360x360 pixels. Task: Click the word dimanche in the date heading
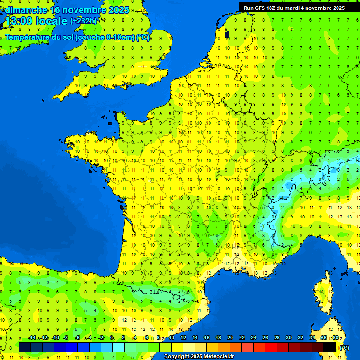click(x=26, y=10)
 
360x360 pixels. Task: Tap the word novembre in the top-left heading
click(x=87, y=10)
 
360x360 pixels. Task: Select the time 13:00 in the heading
click(x=19, y=21)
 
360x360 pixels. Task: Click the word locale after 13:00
click(x=52, y=21)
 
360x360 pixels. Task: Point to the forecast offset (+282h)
click(x=83, y=21)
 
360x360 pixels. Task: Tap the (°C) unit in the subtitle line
click(x=143, y=37)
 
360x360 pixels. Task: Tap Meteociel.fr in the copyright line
click(x=216, y=357)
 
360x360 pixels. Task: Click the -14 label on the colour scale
click(x=32, y=338)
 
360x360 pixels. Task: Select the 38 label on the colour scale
click(x=335, y=338)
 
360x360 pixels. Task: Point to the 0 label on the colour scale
click(x=112, y=338)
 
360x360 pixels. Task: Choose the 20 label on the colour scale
click(x=230, y=338)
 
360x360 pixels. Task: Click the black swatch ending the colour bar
click(x=330, y=347)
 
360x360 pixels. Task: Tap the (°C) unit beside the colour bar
click(x=344, y=348)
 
